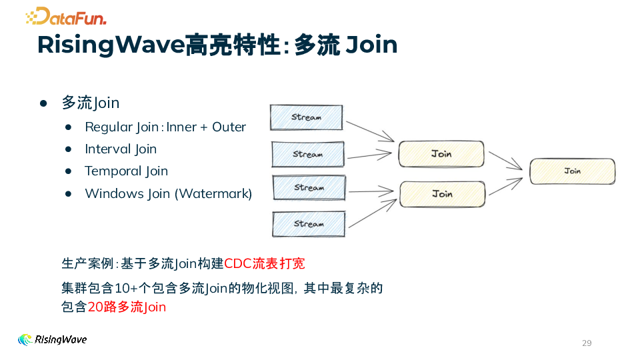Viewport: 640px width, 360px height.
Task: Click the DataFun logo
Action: [x=65, y=16]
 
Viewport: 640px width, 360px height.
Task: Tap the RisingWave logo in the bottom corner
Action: [x=52, y=339]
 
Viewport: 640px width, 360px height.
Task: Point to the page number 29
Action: [x=587, y=343]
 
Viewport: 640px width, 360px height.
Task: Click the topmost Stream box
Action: [x=306, y=117]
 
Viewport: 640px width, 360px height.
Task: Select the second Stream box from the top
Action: [x=307, y=154]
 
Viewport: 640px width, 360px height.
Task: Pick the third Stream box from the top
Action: [x=309, y=187]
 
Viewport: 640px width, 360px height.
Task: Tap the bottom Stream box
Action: [x=309, y=224]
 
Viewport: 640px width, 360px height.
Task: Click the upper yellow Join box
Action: [x=441, y=154]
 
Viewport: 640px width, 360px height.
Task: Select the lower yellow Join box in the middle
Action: [x=441, y=194]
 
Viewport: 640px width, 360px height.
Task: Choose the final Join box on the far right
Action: [x=572, y=171]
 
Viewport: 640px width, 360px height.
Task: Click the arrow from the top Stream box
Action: [x=370, y=130]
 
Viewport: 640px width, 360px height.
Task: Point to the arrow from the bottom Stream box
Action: [x=372, y=214]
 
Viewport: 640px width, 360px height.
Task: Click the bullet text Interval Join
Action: [x=121, y=149]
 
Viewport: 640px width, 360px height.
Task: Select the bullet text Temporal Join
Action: [x=126, y=171]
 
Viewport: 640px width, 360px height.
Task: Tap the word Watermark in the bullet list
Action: [x=213, y=193]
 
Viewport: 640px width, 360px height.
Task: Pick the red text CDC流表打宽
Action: [x=265, y=263]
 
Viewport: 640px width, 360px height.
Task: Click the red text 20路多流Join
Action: [x=127, y=307]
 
